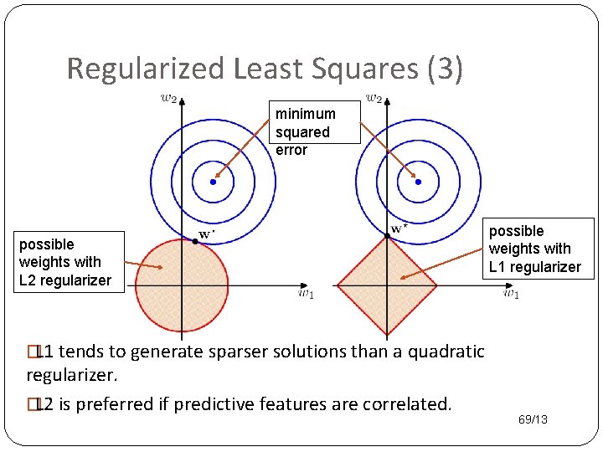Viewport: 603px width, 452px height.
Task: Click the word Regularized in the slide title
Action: (146, 69)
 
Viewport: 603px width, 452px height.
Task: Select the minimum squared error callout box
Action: (306, 131)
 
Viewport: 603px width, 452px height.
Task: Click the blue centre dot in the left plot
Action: (214, 182)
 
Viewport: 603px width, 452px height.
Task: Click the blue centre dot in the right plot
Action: (418, 182)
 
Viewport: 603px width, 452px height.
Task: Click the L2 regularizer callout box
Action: (64, 262)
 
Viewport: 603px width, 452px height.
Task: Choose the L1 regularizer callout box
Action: (534, 249)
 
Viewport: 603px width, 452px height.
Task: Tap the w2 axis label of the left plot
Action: (168, 98)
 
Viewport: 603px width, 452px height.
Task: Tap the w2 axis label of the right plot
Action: (374, 98)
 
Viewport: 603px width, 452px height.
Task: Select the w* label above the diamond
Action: (399, 227)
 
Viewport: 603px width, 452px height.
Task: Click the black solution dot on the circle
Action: (195, 241)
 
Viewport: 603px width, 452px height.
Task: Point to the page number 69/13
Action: (532, 419)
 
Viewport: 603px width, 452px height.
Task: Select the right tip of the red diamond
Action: (436, 285)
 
